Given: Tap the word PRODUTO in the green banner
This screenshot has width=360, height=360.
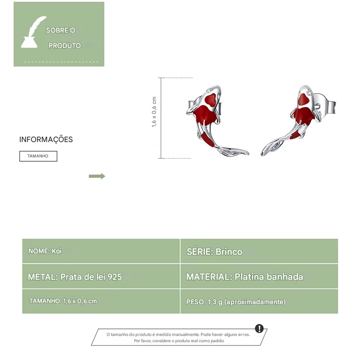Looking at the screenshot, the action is click(x=64, y=46).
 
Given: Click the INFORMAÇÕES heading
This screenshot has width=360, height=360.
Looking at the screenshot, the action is click(x=46, y=139).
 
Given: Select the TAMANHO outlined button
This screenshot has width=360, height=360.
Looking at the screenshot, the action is click(x=38, y=156).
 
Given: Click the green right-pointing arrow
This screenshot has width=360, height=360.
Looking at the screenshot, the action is click(x=97, y=176).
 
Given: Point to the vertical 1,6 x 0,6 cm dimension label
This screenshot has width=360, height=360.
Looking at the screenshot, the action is click(x=154, y=111).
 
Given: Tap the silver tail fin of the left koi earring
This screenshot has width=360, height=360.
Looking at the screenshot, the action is click(x=234, y=152).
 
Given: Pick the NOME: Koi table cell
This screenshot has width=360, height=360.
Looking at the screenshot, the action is click(x=101, y=251).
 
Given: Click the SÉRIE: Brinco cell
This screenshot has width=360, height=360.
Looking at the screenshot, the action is click(x=259, y=251).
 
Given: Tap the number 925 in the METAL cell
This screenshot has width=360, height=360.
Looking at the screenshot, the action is click(x=115, y=277).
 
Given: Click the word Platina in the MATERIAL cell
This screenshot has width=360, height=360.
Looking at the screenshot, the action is click(x=249, y=276).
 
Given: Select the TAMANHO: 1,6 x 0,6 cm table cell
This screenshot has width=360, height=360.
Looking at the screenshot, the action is click(x=101, y=301).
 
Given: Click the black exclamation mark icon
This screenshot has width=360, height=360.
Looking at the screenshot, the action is click(x=259, y=328).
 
